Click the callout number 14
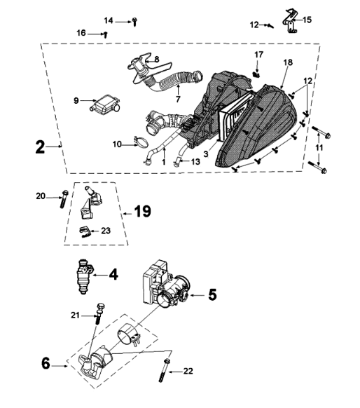(109, 21)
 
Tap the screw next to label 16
(105, 35)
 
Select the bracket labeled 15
(289, 21)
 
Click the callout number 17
(258, 55)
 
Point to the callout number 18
(288, 62)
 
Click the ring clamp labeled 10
(141, 142)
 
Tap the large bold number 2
(41, 147)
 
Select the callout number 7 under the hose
(178, 99)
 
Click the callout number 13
(195, 162)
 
